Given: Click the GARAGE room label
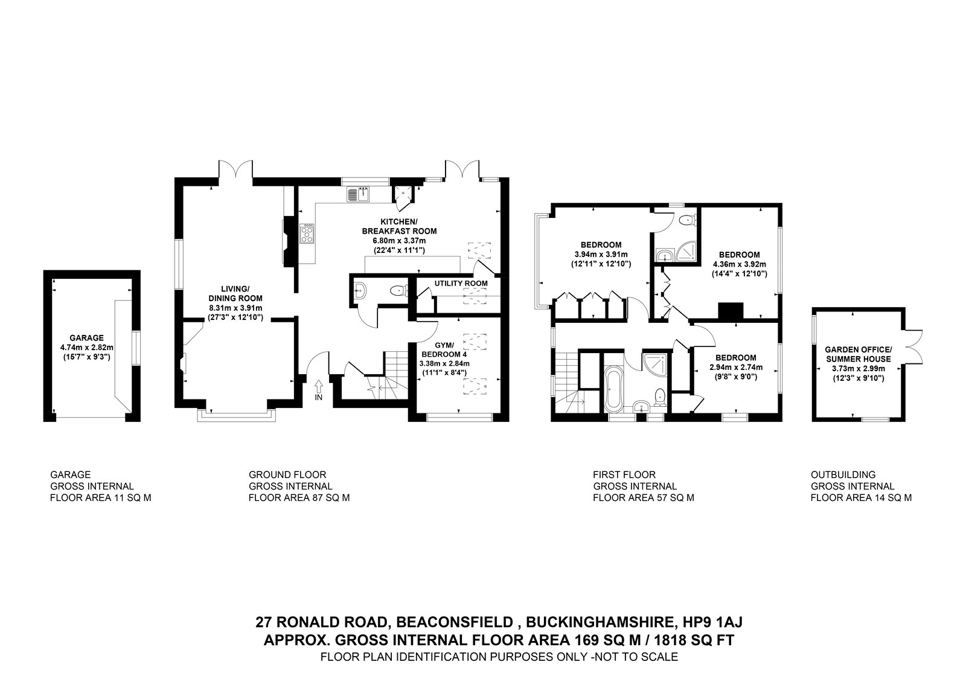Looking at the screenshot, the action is pos(87,338).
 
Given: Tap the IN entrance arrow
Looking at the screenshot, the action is pos(319,386).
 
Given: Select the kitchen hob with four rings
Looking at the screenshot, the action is pos(307,234).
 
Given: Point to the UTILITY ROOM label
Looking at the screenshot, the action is pos(461,283).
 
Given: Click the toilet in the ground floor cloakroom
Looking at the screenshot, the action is pos(398,291).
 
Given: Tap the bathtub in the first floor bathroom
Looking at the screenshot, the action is pos(612,389).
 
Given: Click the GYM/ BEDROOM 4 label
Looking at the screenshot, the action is pos(444,349).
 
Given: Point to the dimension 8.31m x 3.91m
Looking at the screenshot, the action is pos(235,308).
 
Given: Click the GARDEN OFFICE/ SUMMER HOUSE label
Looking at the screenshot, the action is pos(858,354).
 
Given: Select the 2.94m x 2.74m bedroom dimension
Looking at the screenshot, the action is pos(736,368).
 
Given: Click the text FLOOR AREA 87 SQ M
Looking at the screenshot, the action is pos(299,498).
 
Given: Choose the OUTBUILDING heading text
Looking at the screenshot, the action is pos(843,474).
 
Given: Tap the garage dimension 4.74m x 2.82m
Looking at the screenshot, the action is pos(87,348).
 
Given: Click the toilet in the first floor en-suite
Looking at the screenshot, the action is pos(688,221).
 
